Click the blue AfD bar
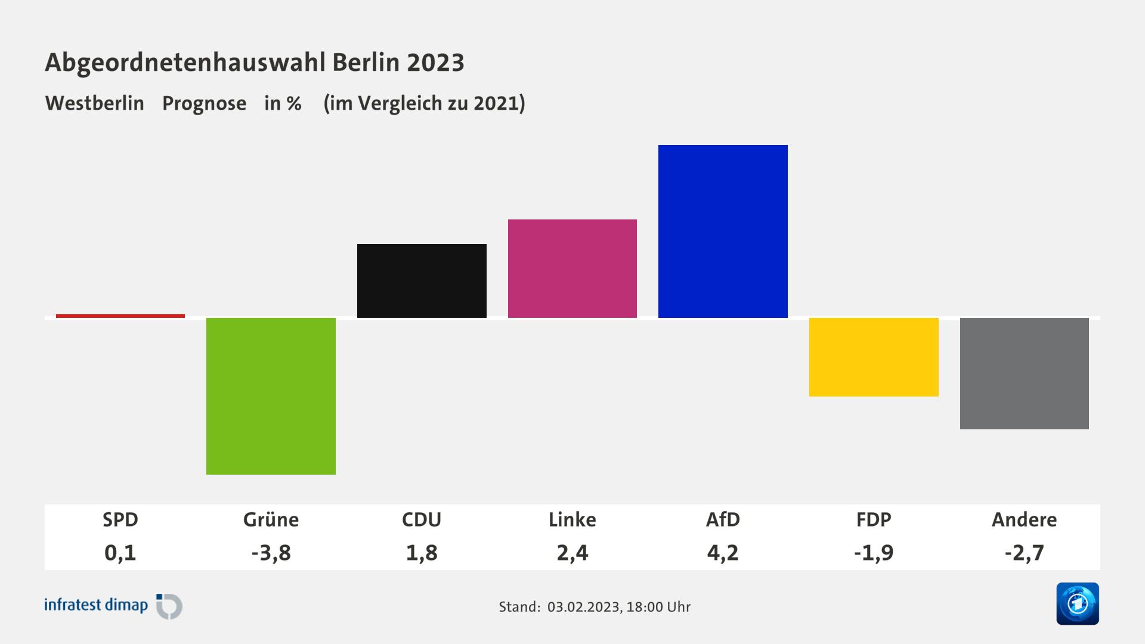(723, 231)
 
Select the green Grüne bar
(271, 396)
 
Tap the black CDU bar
(422, 280)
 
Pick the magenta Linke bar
(572, 268)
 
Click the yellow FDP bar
(874, 357)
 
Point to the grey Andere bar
(1024, 373)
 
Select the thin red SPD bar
(120, 315)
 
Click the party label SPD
(120, 519)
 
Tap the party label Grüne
(271, 519)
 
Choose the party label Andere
(1024, 519)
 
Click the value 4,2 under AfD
(723, 553)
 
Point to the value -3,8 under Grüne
(271, 553)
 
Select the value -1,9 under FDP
(874, 553)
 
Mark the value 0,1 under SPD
(120, 553)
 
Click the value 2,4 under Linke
(572, 553)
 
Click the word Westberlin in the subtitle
(95, 103)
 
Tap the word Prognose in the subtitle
(204, 103)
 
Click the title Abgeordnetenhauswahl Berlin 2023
(255, 62)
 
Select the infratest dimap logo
(113, 606)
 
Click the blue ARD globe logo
(1077, 603)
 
